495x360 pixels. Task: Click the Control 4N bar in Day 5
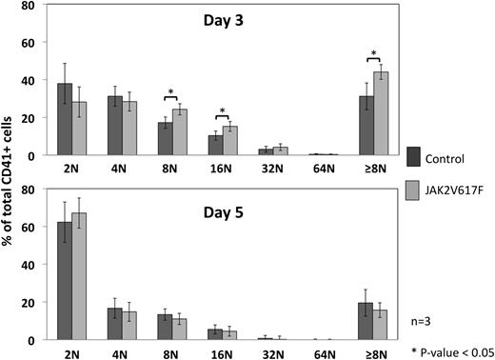[114, 324]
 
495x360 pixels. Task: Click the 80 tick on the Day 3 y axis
[31, 6]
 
